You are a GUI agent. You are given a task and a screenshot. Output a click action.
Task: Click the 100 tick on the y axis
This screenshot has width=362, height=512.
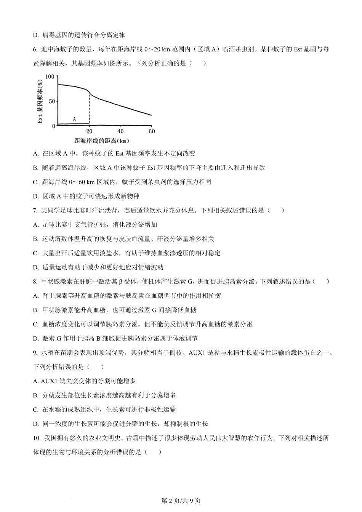click(x=50, y=77)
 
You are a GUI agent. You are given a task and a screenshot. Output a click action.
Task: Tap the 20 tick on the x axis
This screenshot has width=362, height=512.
click(x=89, y=131)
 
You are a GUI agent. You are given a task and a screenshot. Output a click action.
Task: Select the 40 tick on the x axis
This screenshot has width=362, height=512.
click(x=120, y=131)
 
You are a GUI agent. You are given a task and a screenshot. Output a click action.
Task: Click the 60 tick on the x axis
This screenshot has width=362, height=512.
click(x=152, y=131)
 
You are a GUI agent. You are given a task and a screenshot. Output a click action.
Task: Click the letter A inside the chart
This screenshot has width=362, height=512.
click(x=74, y=120)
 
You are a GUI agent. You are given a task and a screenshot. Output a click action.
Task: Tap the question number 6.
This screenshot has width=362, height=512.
click(x=35, y=49)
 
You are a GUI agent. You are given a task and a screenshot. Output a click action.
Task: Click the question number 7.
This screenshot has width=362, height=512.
click(x=35, y=210)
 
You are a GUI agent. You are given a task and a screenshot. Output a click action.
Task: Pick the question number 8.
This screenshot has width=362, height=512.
click(x=35, y=282)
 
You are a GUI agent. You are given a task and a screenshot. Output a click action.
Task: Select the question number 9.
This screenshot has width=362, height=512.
click(x=35, y=353)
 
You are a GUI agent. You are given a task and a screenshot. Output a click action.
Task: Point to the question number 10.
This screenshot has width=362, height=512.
click(x=37, y=438)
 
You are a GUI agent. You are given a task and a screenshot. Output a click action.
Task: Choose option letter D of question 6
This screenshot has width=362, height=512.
click(x=35, y=196)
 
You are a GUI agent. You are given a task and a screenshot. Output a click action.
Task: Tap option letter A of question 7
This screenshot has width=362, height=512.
click(x=35, y=225)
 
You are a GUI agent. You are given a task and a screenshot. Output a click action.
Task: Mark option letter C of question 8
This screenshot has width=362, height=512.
click(x=35, y=325)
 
